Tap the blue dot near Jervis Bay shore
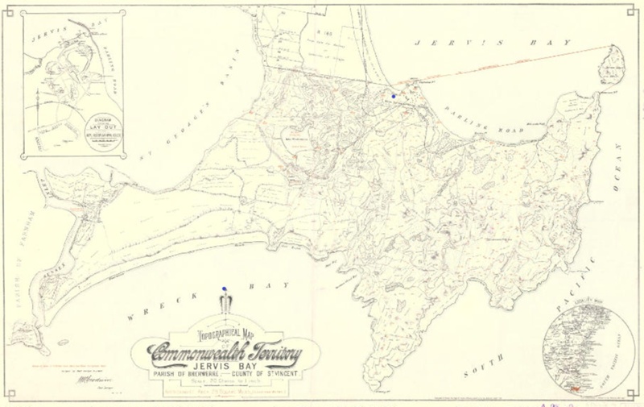pyautogui.click(x=393, y=95)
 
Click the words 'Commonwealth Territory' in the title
pyautogui.click(x=224, y=351)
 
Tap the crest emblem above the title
pyautogui.click(x=225, y=305)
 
